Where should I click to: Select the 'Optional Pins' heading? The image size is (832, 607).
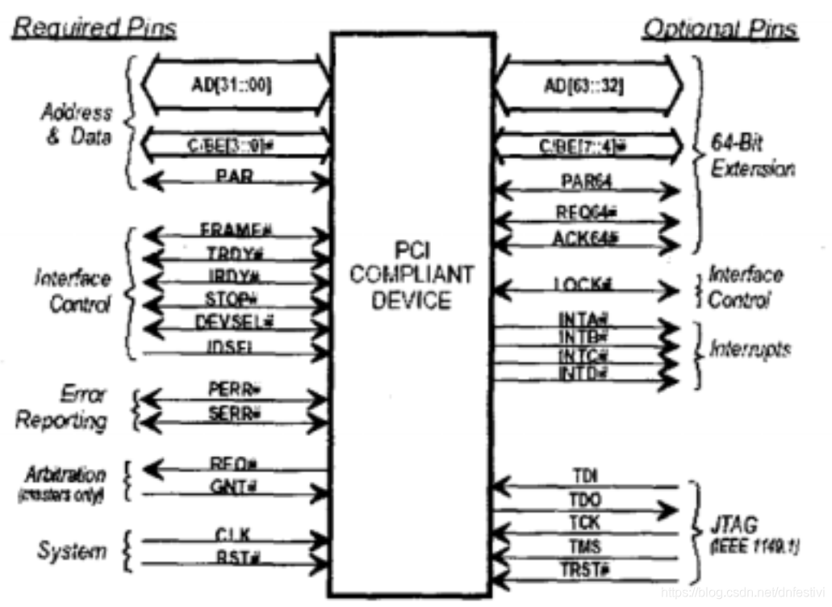coord(720,30)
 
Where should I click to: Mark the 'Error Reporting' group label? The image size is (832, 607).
coord(63,408)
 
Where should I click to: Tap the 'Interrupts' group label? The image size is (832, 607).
coord(750,349)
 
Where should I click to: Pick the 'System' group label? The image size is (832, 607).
coord(72,551)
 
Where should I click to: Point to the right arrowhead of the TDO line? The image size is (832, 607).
coord(669,510)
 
